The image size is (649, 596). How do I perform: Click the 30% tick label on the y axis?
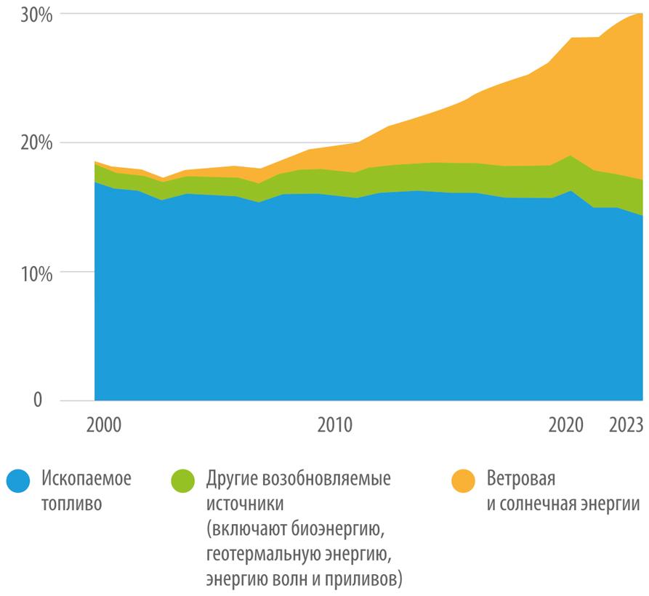33,15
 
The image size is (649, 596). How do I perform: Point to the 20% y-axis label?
33,143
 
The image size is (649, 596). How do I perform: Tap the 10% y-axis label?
33,273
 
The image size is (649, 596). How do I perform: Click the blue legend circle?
17,481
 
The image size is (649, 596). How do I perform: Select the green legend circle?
183,481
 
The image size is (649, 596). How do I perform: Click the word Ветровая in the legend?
521,480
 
